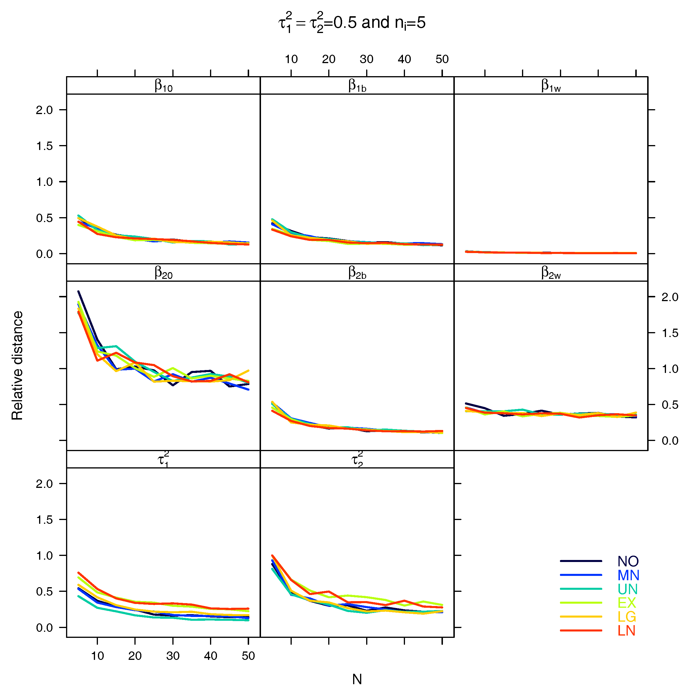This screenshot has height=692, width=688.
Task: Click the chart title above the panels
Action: [x=352, y=23]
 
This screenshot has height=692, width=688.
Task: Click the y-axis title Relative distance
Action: [x=17, y=365]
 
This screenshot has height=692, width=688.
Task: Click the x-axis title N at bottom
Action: [x=357, y=679]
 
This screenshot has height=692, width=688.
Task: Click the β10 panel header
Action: [x=163, y=86]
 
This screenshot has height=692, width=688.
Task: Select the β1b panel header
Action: [x=357, y=86]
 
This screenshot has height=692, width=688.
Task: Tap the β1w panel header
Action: [x=551, y=86]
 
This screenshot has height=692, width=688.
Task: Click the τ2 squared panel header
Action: [x=357, y=459]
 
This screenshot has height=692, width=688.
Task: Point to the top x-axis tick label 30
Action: [x=366, y=59]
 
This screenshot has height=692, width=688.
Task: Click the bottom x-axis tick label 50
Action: [x=248, y=656]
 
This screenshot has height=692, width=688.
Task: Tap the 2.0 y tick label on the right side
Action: [x=670, y=297]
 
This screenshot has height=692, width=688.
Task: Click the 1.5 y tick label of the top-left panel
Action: [x=44, y=146]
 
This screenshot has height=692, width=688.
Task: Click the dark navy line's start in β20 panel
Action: [x=79, y=292]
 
